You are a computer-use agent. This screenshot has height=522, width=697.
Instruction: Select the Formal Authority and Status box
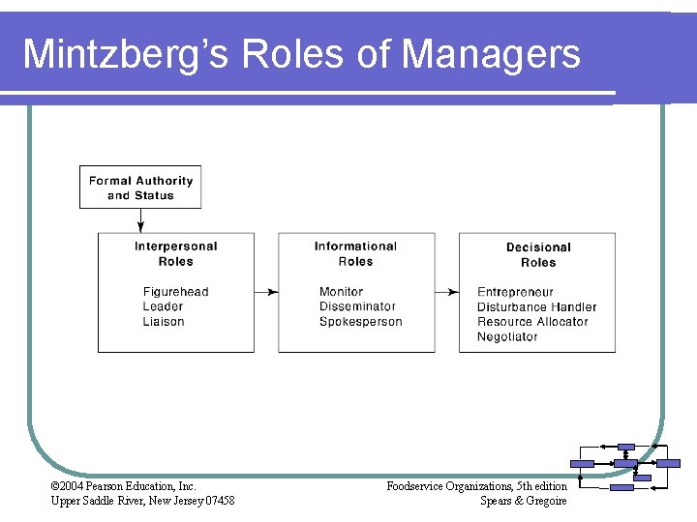[140, 188]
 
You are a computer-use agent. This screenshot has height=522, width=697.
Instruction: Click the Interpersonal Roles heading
[175, 254]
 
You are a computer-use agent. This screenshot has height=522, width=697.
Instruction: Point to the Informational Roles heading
[355, 254]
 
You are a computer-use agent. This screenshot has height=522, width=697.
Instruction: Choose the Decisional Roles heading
[538, 255]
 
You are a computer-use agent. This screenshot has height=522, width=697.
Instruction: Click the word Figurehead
[175, 292]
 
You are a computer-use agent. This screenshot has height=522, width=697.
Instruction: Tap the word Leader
[163, 306]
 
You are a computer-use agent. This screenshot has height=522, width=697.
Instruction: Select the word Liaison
[163, 322]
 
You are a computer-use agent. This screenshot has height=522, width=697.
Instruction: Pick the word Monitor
[341, 292]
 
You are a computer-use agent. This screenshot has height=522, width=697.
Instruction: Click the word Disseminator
[357, 306]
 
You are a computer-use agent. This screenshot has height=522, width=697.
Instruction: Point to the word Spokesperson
[360, 322]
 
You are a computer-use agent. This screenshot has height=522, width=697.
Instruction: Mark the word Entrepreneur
[515, 292]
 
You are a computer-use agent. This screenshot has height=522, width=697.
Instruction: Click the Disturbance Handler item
[536, 307]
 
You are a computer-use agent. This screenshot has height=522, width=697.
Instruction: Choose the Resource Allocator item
[532, 322]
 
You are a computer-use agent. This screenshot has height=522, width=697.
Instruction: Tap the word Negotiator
[507, 337]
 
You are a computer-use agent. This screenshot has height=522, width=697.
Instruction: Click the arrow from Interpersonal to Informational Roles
[266, 292]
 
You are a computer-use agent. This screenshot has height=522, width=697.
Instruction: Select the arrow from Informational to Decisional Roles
[446, 292]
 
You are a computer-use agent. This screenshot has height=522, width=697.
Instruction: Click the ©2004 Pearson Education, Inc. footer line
[123, 486]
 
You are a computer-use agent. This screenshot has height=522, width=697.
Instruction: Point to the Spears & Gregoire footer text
[523, 501]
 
